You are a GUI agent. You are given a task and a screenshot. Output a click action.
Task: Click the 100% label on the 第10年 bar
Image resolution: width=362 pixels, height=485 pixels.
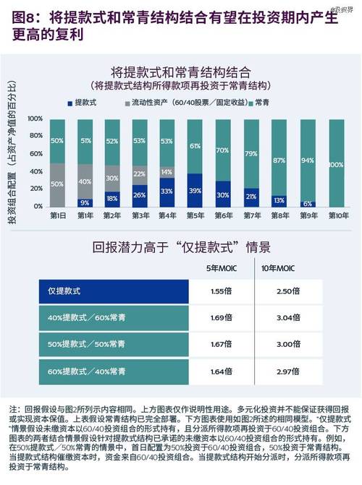[335, 166]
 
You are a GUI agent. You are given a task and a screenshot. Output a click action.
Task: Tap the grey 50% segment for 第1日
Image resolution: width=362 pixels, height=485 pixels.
[58, 185]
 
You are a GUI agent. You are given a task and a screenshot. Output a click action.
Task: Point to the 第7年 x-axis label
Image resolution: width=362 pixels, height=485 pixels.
[251, 215]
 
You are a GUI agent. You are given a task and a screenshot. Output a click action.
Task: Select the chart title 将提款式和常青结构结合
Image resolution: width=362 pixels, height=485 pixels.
[180, 72]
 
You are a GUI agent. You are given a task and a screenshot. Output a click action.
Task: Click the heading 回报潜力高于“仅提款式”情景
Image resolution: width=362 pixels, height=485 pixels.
[181, 248]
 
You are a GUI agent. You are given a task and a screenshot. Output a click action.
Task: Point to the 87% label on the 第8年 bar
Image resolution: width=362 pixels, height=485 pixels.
[279, 160]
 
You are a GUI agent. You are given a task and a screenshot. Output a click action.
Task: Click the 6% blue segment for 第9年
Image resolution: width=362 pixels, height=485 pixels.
[307, 204]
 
